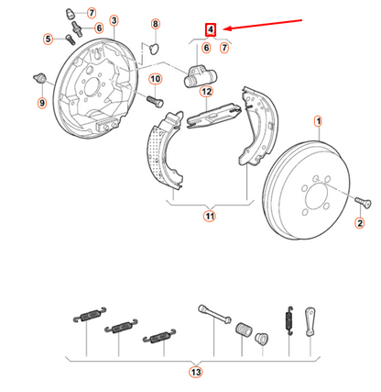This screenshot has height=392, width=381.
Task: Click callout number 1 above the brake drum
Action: point(318,120)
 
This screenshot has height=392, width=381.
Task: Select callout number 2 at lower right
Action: point(359,223)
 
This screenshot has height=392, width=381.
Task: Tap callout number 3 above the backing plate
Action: point(113,20)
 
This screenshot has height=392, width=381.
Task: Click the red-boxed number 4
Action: point(210,29)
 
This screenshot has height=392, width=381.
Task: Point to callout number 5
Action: point(48,39)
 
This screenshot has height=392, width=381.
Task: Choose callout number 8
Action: point(154,23)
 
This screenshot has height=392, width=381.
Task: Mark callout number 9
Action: point(41,103)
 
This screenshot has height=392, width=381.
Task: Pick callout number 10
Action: point(155,80)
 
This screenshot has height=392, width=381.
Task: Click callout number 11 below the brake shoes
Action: point(209,217)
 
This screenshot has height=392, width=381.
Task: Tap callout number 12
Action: point(207,92)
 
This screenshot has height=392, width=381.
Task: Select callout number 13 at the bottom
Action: point(194,373)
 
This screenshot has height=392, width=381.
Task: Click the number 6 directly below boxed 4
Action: point(207,47)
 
